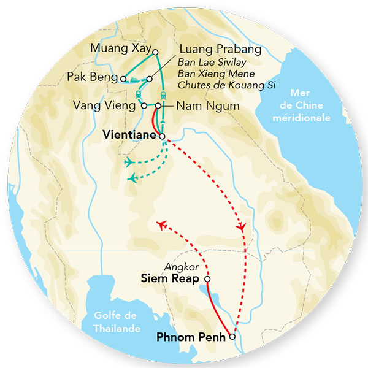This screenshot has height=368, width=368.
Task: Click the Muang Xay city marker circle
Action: (156, 52)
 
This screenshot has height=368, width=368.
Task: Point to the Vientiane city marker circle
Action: (163, 136)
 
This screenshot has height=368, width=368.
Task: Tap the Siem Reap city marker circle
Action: (207, 279)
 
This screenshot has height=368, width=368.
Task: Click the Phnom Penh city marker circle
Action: (232, 336)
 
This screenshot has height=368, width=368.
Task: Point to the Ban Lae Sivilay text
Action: (209, 63)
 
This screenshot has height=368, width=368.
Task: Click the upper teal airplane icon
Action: (129, 162)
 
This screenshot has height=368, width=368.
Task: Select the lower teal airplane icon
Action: (132, 178)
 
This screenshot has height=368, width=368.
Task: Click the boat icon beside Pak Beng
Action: (134, 79)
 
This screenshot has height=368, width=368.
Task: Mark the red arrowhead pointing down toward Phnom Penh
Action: (242, 227)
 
